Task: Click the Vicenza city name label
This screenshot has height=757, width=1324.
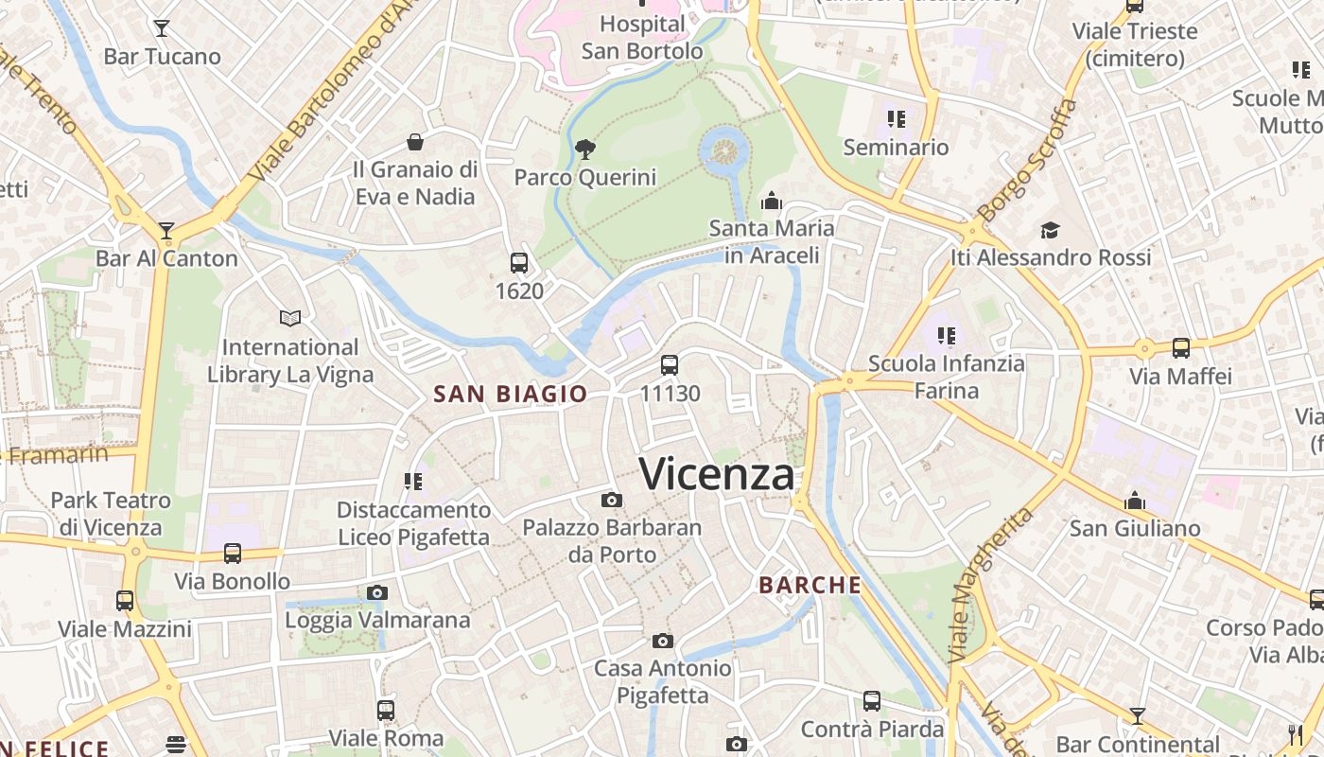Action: coord(717,473)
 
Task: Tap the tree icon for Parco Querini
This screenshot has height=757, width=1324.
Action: coord(585,149)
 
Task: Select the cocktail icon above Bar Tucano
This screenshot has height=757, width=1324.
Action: coord(162,28)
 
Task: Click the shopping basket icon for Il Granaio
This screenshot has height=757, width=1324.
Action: coord(414,143)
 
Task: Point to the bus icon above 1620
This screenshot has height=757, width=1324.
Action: coord(519,263)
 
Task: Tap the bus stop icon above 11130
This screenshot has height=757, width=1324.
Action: coord(670,364)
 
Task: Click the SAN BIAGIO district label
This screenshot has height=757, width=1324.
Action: coord(511,395)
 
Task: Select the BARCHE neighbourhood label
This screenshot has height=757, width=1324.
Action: coord(810,585)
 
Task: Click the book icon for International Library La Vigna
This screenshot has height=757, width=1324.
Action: coord(290,319)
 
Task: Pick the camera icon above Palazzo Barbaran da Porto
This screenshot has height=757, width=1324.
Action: coord(612,500)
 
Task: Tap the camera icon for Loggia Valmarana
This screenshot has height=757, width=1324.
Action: coord(377,593)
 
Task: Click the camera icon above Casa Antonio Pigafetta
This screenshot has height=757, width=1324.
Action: coord(663,641)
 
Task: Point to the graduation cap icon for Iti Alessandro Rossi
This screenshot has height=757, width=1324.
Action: coord(1050,230)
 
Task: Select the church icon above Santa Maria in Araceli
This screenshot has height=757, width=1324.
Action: coord(772,201)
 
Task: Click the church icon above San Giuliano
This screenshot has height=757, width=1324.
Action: coord(1135,501)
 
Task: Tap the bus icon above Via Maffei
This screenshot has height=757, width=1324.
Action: coord(1181,348)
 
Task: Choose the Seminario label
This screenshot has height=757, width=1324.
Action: coord(896,147)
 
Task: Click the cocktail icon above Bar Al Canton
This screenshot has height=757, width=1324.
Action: coord(166,230)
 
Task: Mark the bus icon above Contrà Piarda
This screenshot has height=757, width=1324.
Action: coord(872,701)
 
